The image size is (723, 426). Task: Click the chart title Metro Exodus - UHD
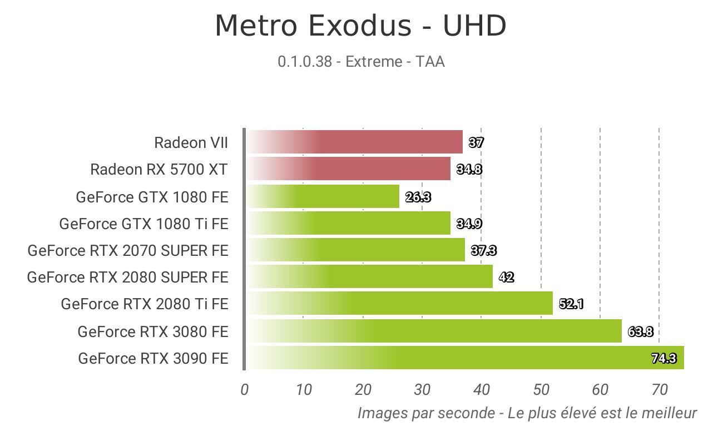coord(360,26)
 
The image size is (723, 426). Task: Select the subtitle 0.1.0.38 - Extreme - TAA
coord(361,62)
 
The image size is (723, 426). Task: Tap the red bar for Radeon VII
coord(355,142)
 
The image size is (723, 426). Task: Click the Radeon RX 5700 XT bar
coord(349,169)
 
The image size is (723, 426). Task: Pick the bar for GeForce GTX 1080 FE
coord(323,196)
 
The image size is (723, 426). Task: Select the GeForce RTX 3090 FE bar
coord(466,358)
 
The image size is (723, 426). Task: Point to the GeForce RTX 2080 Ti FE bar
coord(400,303)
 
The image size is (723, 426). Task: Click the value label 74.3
coord(664,358)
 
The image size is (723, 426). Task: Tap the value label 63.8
coord(641,331)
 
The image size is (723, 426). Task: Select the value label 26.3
coord(418,197)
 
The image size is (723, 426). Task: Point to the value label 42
coord(507,277)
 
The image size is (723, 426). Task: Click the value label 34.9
coord(469,224)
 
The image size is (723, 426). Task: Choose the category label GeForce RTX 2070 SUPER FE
coord(128,250)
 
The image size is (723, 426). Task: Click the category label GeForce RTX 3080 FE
coord(153,331)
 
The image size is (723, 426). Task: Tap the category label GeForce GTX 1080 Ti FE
coord(144,224)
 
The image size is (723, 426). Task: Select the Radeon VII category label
coord(191,142)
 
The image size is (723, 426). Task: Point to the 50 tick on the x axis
coord(541,390)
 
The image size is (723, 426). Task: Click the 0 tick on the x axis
coord(245,390)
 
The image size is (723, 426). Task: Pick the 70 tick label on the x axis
coord(660,390)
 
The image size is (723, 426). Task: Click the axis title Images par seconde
coord(427,413)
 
